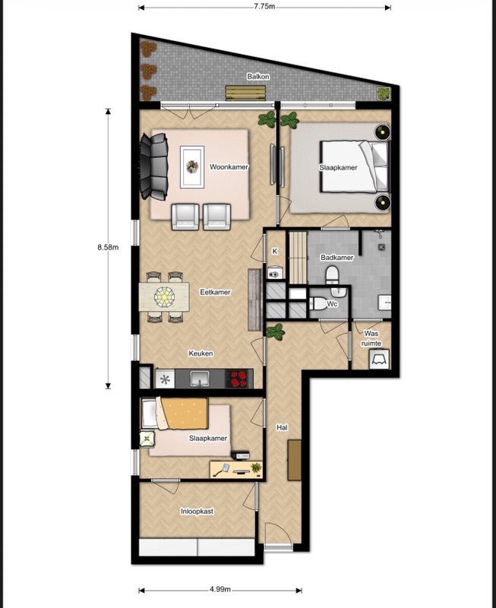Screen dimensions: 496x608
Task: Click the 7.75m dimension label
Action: pos(264,7)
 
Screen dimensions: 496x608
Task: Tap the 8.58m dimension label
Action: pos(108,247)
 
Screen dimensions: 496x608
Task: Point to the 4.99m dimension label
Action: pos(220,589)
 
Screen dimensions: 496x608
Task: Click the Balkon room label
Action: pos(258,77)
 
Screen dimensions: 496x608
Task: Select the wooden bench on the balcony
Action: pos(245,93)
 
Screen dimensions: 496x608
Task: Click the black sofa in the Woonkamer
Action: pos(154,166)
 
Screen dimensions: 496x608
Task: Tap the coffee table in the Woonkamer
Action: pos(192,166)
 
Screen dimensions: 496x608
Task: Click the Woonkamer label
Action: pos(229,167)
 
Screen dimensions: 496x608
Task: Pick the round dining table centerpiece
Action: pos(164,297)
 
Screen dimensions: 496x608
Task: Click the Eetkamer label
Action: pos(216,292)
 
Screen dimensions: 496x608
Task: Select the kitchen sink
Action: pos(200,378)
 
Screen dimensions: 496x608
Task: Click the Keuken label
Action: pos(201,353)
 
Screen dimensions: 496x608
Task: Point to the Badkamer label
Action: pos(337,258)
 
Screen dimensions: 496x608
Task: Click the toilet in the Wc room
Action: pos(318,303)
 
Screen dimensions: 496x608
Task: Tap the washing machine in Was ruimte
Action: pos(379,359)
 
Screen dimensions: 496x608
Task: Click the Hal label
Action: pos(282,428)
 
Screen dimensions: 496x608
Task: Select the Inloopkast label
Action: pos(197,511)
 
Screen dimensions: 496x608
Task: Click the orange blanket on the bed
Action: pos(184,413)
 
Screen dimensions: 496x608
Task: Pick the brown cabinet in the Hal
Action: pos(295,461)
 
